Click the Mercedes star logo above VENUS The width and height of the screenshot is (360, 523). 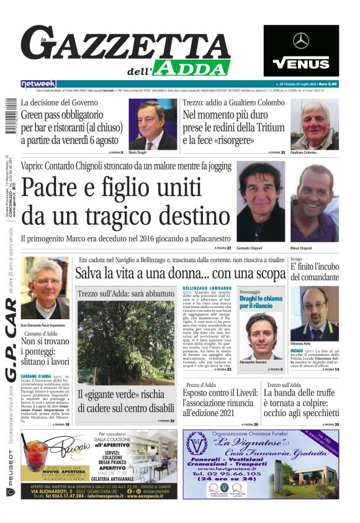point(301,41)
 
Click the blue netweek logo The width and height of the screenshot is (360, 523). point(38,83)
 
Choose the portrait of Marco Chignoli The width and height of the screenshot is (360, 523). point(315,202)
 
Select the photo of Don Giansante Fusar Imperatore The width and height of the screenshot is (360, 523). point(45,288)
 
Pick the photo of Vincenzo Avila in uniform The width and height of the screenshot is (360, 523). point(314,314)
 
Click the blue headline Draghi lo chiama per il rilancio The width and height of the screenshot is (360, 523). point(261,302)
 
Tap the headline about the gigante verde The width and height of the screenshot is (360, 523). point(125,401)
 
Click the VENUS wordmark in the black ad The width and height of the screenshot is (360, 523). point(301,63)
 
